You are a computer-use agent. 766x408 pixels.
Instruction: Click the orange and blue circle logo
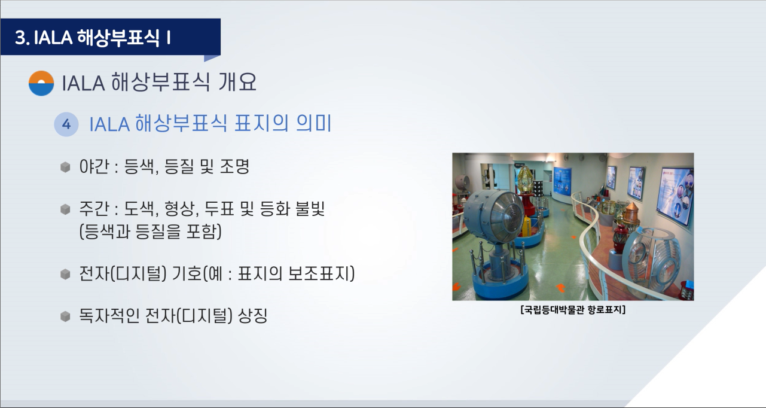(x=41, y=83)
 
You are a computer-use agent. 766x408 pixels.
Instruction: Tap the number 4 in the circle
(x=66, y=124)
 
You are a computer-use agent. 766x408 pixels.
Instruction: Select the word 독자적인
(x=109, y=316)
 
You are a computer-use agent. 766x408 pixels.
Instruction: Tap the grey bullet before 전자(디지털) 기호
(x=65, y=274)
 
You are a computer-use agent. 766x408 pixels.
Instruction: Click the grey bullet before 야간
(x=65, y=168)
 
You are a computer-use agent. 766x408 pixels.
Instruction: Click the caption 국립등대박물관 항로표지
(x=573, y=310)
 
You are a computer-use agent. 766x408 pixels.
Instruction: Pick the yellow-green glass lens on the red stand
(x=526, y=179)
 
